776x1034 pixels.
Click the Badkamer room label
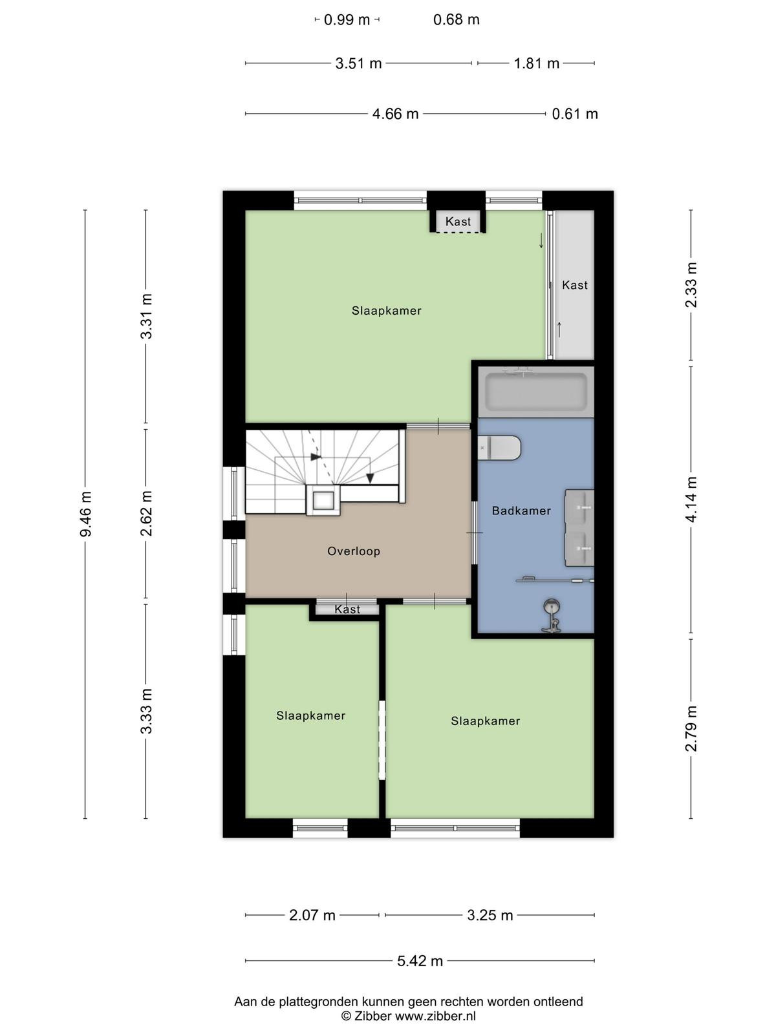tap(521, 511)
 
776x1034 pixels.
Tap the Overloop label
tap(354, 551)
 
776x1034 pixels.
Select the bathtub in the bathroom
tap(536, 392)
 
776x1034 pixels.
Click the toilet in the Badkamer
tap(499, 447)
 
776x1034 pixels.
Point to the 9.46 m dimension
tap(86, 514)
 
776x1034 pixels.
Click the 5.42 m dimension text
tap(420, 960)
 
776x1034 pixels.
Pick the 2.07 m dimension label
tap(312, 915)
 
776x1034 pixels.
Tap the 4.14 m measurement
tap(691, 500)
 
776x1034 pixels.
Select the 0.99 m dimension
tap(347, 20)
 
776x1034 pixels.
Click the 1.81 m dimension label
tap(536, 63)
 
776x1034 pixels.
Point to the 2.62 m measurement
tap(146, 514)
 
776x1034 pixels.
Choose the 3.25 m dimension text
tap(490, 915)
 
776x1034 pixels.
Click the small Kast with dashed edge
tap(458, 222)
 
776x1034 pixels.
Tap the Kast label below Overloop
tap(347, 609)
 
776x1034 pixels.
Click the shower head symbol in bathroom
tap(550, 605)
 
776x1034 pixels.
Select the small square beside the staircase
tap(323, 500)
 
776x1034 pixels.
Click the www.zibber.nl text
tap(435, 1016)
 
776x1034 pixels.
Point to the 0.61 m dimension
tap(575, 114)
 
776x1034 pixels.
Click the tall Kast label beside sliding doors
tap(575, 285)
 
